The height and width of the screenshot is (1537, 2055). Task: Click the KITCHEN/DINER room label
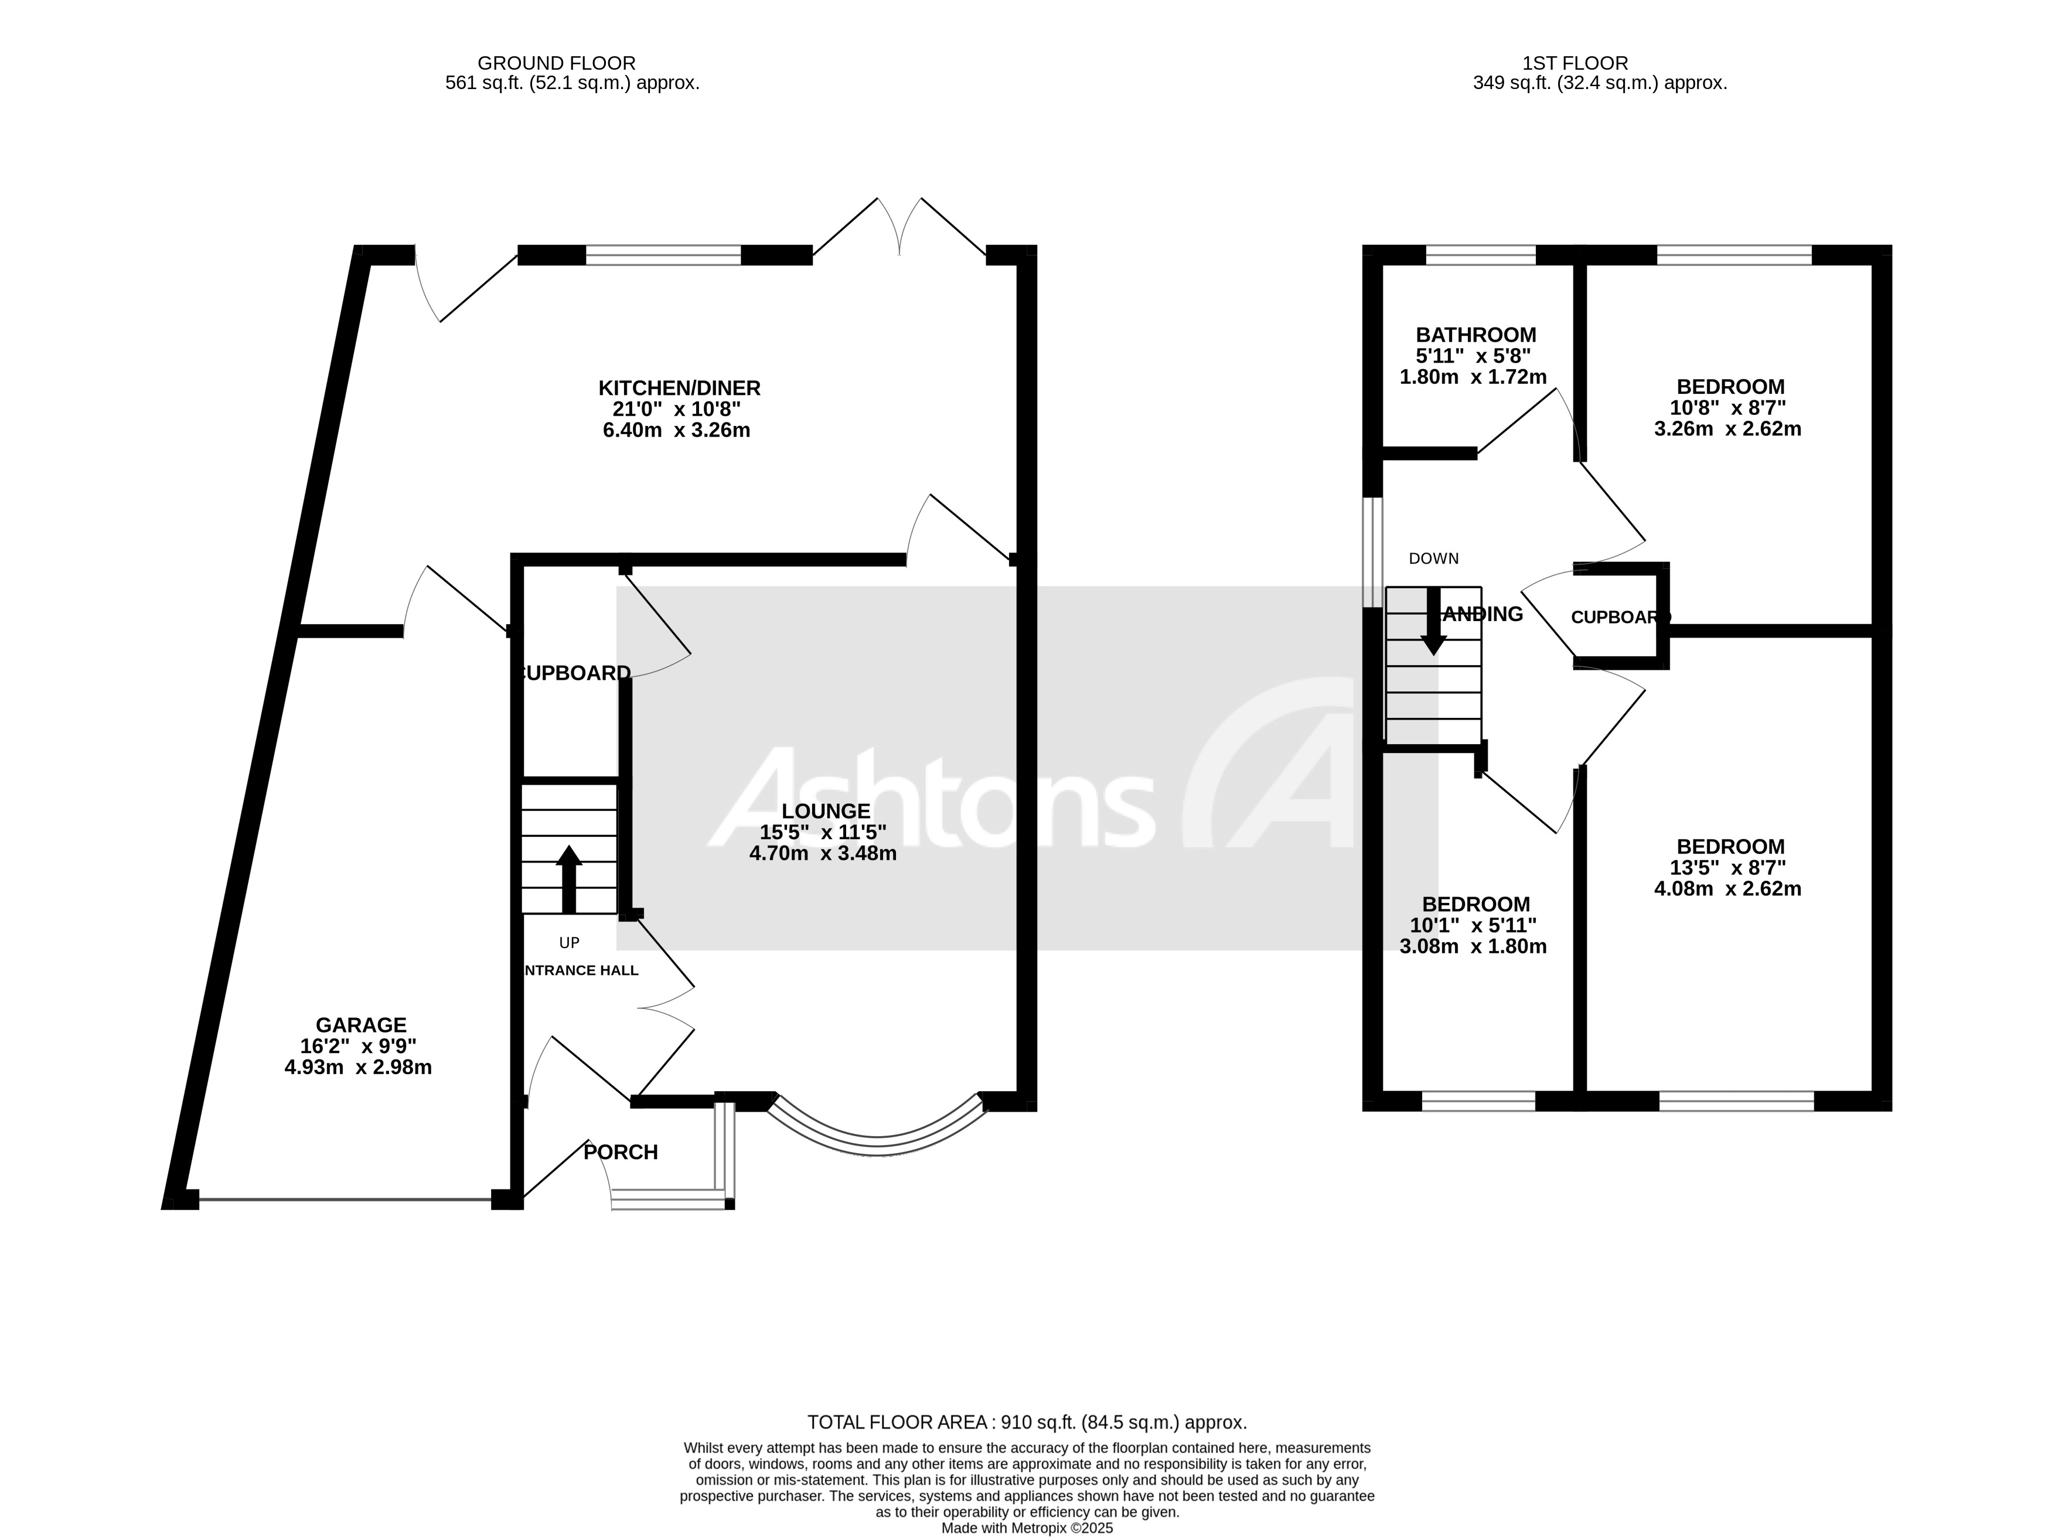point(679,387)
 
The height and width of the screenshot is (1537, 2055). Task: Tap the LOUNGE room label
point(825,810)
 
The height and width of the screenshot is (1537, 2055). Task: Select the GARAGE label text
point(360,1024)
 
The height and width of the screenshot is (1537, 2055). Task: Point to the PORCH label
point(621,1151)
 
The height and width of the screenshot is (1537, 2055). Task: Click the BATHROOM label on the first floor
point(1475,335)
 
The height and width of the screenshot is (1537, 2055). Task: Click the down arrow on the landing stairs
point(1433,621)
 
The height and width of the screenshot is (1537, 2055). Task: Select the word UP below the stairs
point(570,942)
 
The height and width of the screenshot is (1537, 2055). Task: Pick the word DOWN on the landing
point(1433,558)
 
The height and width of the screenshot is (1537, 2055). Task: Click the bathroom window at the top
point(1480,255)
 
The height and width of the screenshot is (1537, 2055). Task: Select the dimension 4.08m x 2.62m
point(1727,888)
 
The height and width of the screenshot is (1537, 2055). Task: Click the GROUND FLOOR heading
point(557,63)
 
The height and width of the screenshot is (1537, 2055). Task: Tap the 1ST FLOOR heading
point(1575,63)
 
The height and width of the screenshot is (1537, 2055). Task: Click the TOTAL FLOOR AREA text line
point(1027,1422)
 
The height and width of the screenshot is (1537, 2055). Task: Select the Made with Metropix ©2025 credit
point(1027,1528)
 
